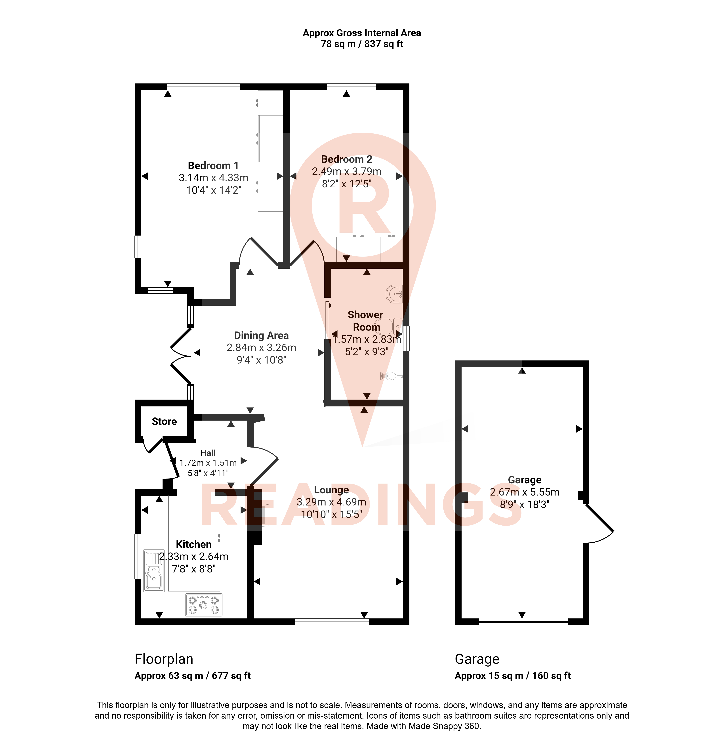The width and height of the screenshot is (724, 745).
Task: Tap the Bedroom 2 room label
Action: [346, 159]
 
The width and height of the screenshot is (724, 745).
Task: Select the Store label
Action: [164, 421]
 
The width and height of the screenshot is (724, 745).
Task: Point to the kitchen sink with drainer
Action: [154, 570]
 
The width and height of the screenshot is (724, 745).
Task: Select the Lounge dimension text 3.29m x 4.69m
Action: [331, 502]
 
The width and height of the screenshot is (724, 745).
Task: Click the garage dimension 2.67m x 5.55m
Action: [524, 492]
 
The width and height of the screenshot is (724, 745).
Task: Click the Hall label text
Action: [208, 453]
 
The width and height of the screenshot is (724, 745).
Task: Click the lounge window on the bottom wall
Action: [332, 622]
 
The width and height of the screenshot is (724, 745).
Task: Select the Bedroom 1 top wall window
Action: [203, 87]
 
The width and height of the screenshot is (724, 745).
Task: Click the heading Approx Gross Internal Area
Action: [362, 33]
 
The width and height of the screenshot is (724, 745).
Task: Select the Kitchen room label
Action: [193, 544]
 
